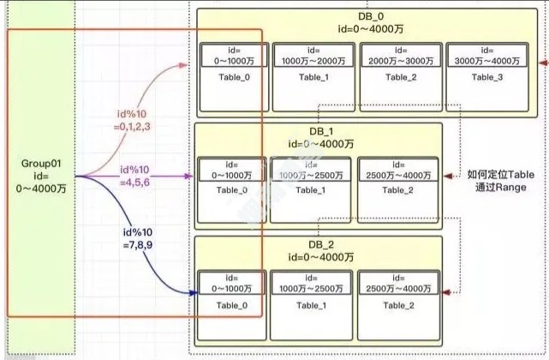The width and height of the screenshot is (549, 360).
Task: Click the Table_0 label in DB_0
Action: click(x=231, y=77)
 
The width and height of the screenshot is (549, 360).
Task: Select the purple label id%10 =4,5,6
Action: click(x=136, y=175)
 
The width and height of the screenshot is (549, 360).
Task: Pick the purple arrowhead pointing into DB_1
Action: click(x=190, y=177)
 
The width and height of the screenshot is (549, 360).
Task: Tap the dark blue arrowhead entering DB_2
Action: click(x=190, y=291)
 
